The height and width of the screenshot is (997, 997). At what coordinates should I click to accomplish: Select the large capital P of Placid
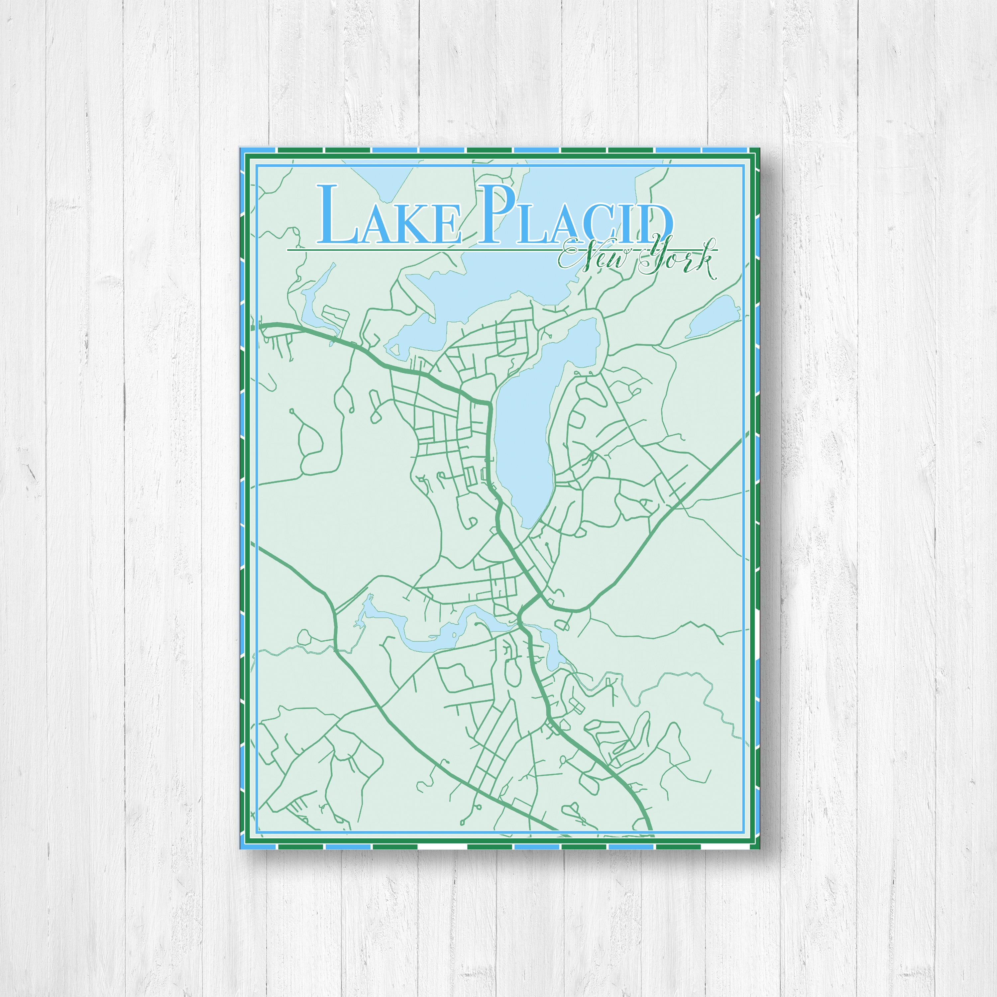coord(496,214)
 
